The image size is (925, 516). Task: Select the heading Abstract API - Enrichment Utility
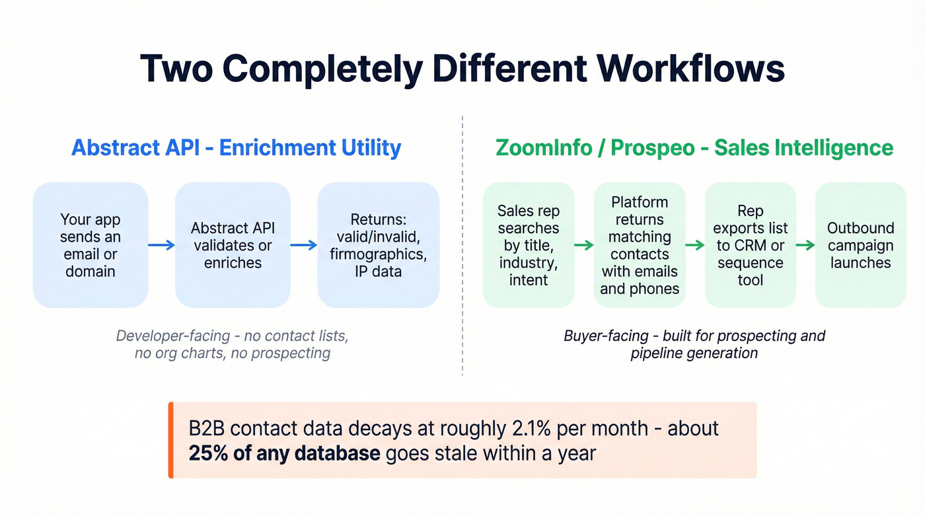(236, 147)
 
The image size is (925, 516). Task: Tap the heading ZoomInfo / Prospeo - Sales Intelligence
(694, 147)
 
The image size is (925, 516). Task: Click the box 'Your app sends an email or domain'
(91, 245)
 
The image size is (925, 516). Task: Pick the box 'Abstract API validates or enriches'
(233, 245)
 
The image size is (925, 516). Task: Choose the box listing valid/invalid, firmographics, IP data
(379, 245)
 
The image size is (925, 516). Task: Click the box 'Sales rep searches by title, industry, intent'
(529, 245)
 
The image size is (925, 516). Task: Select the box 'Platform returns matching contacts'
(640, 245)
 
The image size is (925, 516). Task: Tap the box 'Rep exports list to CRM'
(751, 245)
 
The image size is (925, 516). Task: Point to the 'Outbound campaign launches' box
(860, 245)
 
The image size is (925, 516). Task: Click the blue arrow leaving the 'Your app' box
(161, 245)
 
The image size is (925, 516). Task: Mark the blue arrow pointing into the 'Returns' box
(304, 245)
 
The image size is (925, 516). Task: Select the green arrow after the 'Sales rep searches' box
(584, 245)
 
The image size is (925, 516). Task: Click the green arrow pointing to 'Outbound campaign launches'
(805, 245)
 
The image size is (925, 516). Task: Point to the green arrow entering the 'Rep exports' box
(695, 245)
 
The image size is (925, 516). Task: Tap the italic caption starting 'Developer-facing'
(232, 344)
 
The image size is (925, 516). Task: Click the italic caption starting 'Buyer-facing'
(694, 344)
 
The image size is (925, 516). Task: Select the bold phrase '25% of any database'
(284, 454)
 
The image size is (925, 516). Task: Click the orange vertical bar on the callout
(171, 440)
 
